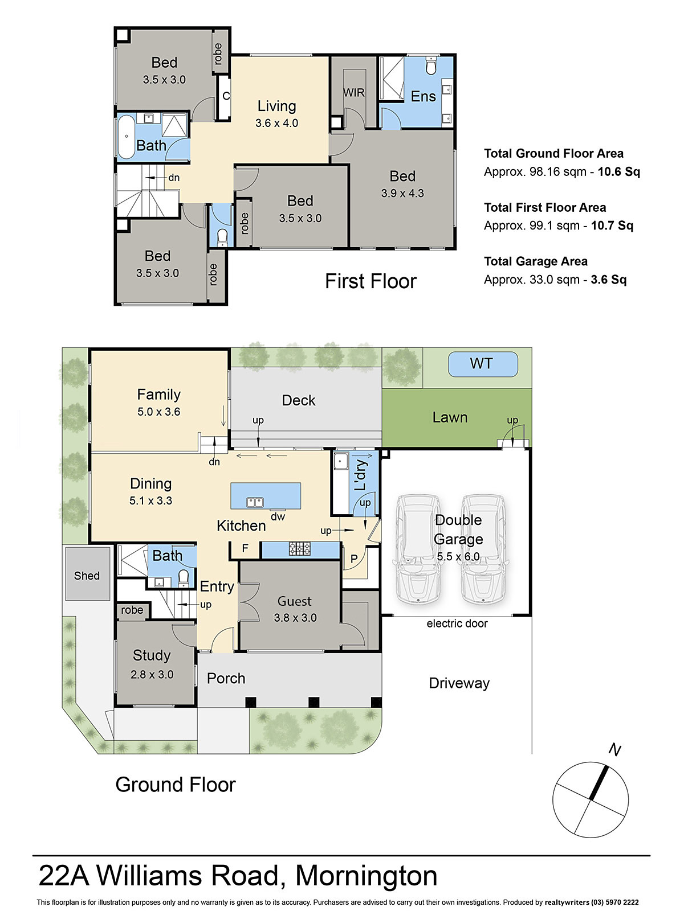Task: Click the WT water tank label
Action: tap(481, 364)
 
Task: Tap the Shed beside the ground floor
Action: tap(87, 574)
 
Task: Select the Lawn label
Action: tap(450, 417)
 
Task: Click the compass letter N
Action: tap(614, 750)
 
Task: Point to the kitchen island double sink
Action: tap(255, 503)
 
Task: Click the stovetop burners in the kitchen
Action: tap(300, 549)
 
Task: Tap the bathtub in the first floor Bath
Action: tap(126, 137)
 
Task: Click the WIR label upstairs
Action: tap(354, 93)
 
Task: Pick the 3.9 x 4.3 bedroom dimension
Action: tap(402, 194)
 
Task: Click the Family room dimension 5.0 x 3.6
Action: tap(158, 412)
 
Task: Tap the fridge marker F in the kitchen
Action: tap(245, 548)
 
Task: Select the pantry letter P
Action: tap(354, 559)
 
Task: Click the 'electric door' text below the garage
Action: tap(457, 623)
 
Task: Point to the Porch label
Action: tap(226, 678)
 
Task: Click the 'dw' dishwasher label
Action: tap(278, 517)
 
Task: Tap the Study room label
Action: tap(152, 655)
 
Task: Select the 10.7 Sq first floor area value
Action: tap(612, 225)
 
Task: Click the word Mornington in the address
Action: tap(367, 876)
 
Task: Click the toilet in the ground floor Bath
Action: tap(184, 577)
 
